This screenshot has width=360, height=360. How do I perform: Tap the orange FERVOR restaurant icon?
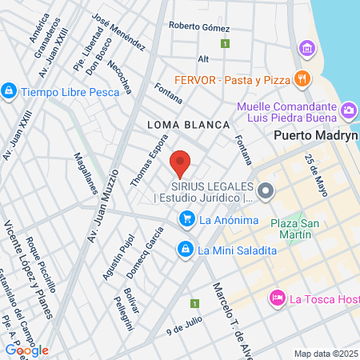coord(302,78)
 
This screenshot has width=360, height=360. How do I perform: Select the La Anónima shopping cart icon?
coord(187,218)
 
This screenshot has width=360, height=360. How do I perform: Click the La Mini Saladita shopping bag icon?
coord(186,250)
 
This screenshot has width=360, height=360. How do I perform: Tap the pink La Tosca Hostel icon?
coord(277,298)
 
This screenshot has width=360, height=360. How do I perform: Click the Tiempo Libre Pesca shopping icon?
coord(9,91)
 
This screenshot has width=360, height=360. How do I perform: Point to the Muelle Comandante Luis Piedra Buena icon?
coord(348,110)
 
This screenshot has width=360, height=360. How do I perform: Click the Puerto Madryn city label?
coord(314,135)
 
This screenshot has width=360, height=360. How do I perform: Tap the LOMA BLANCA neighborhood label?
coord(189,125)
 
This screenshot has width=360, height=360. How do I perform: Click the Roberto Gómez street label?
coord(199,26)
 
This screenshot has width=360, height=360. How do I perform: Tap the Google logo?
coord(26,350)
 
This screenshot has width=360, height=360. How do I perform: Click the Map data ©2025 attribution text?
coord(325,353)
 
